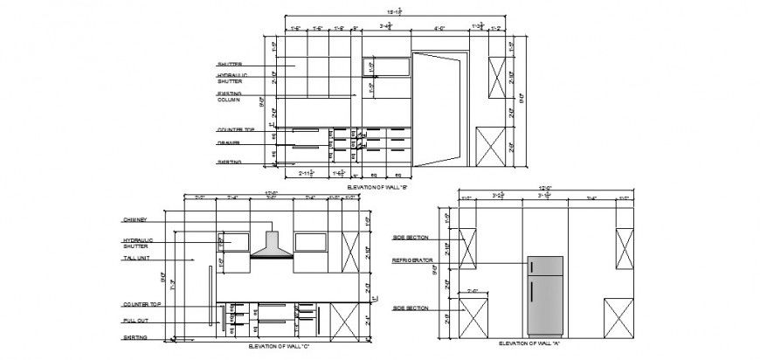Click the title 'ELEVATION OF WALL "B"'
click(x=377, y=186)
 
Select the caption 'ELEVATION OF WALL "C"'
click(x=279, y=347)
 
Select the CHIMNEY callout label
click(x=135, y=220)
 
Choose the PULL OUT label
click(x=135, y=321)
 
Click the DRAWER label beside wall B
click(x=229, y=142)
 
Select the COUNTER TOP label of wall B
click(x=236, y=129)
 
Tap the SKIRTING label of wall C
click(x=135, y=337)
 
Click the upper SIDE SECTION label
click(x=411, y=237)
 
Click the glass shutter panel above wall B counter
click(x=386, y=68)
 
